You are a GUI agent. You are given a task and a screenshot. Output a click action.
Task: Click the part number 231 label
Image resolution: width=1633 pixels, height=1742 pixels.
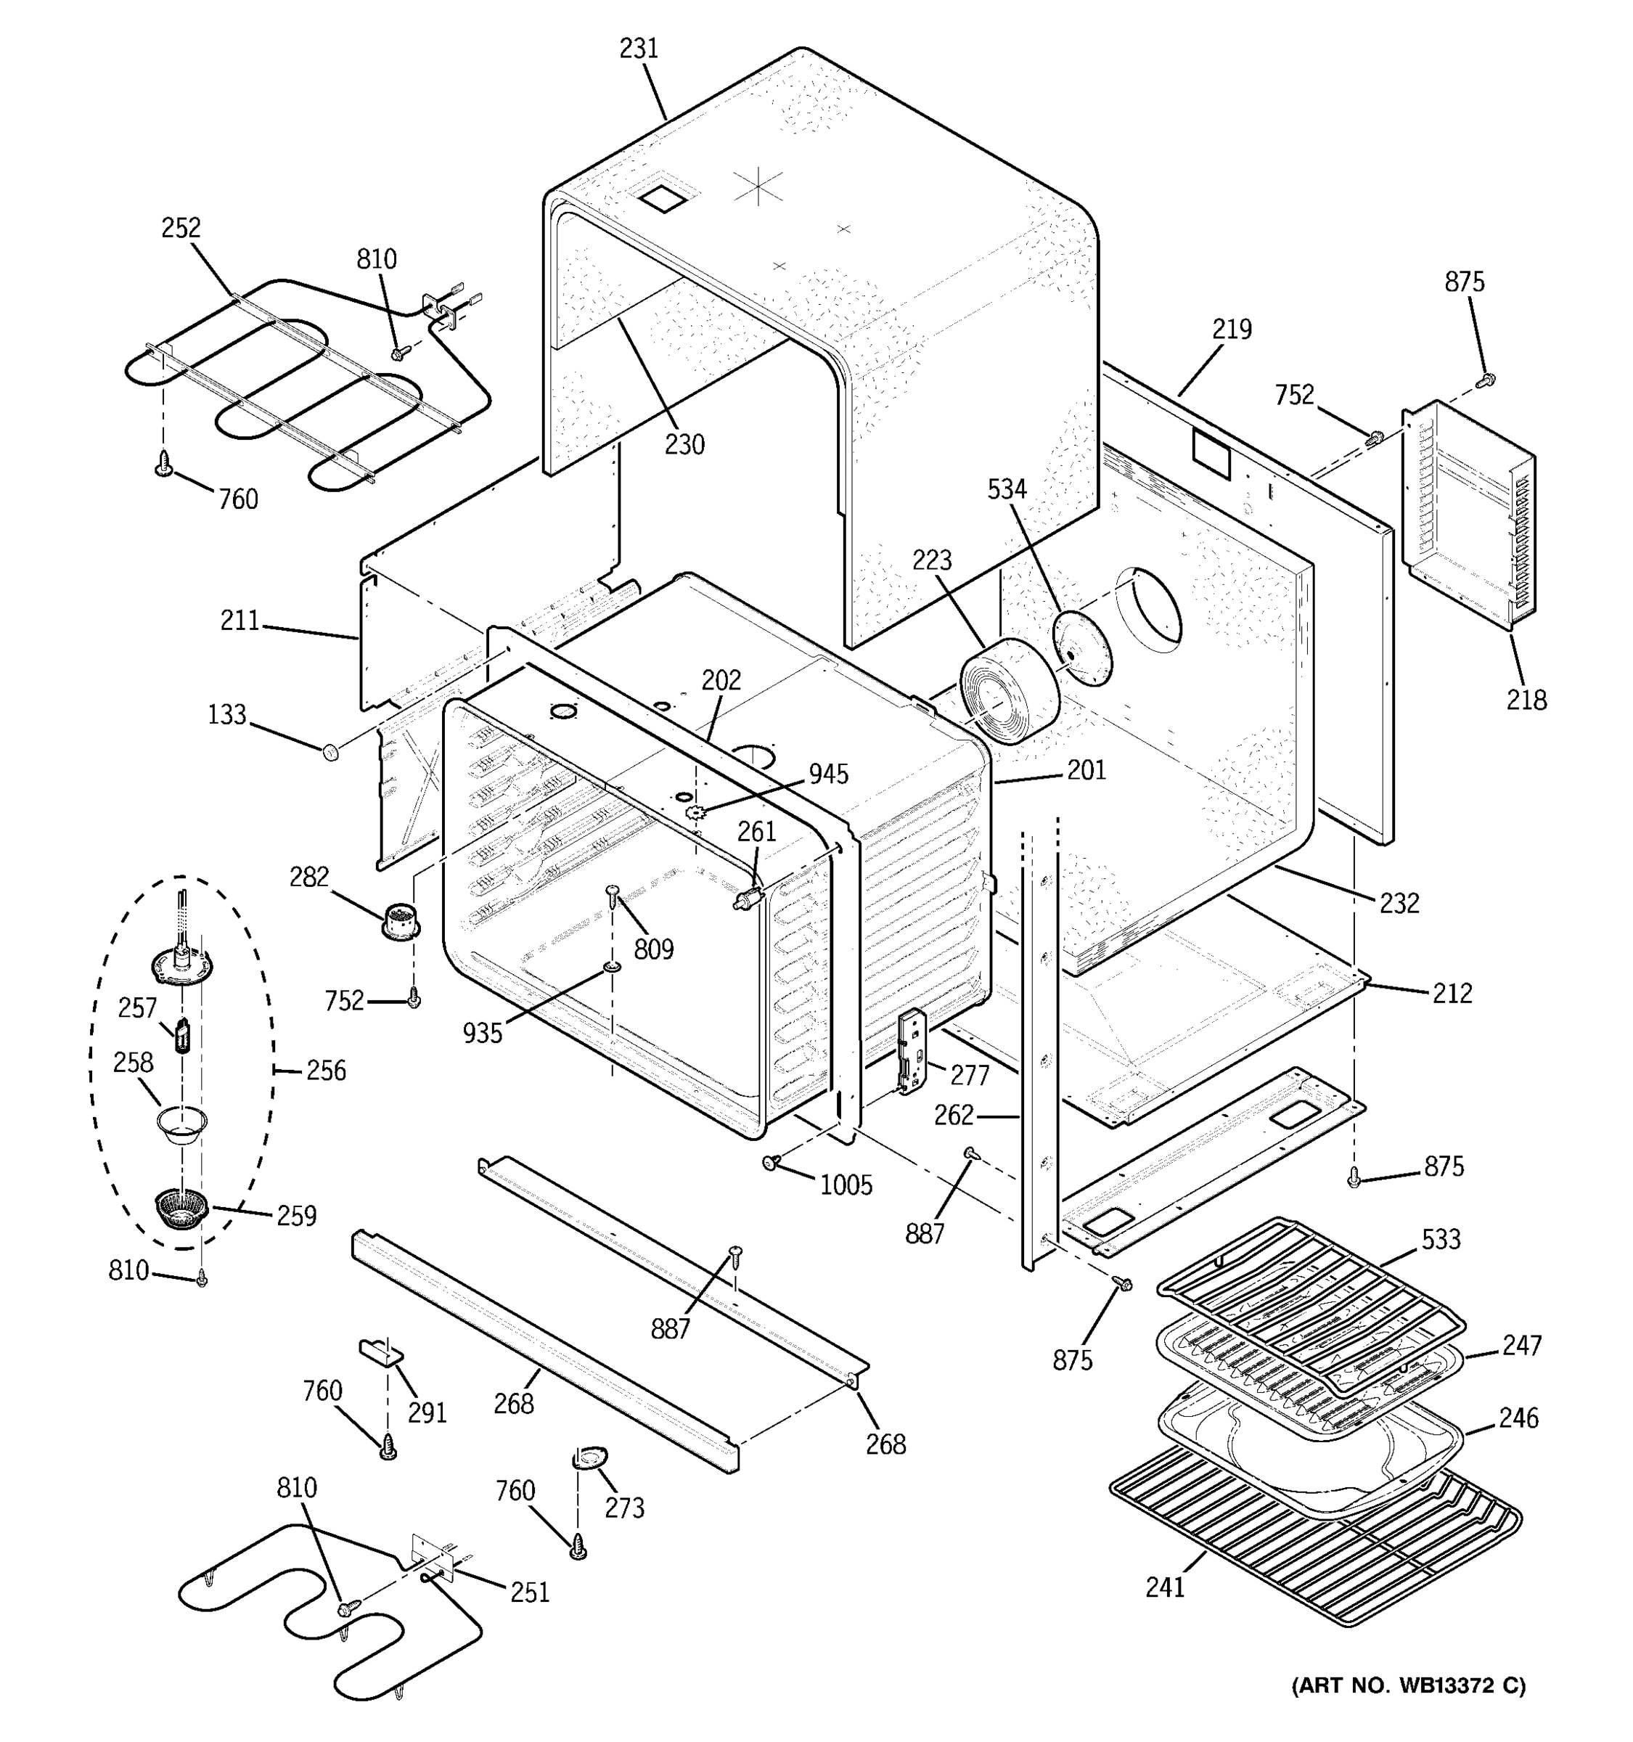point(639,48)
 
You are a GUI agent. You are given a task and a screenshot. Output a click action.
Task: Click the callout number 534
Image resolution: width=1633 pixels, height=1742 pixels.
point(1007,489)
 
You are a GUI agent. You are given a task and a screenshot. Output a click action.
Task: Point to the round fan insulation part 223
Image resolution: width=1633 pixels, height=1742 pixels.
point(1007,692)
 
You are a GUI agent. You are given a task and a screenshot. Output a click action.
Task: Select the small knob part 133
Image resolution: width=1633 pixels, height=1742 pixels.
point(331,751)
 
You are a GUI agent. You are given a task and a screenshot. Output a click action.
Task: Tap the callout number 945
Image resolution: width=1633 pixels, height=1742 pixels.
point(828,774)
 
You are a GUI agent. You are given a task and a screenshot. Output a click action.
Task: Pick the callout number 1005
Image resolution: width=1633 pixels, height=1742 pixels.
point(846,1185)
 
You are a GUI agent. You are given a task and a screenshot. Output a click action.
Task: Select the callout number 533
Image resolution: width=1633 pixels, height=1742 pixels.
point(1441,1239)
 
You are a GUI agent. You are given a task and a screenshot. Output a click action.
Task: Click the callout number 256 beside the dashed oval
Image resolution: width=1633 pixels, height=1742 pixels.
point(326,1070)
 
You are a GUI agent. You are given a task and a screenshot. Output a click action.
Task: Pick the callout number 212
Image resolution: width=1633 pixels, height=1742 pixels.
point(1452,993)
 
